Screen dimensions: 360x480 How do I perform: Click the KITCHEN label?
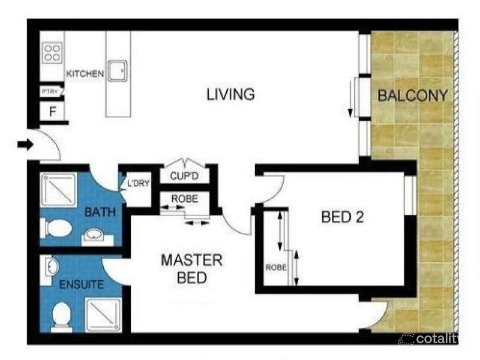[x=85, y=73]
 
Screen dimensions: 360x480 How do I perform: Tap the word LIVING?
[x=231, y=94]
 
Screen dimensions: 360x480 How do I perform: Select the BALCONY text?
[x=413, y=95]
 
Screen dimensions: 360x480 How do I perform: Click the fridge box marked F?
[x=52, y=112]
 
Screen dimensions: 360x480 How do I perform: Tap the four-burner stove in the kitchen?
[x=52, y=52]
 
